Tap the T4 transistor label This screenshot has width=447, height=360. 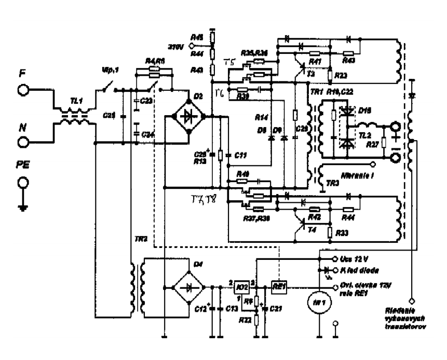(x=311, y=229)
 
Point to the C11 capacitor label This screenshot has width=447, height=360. (x=240, y=154)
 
